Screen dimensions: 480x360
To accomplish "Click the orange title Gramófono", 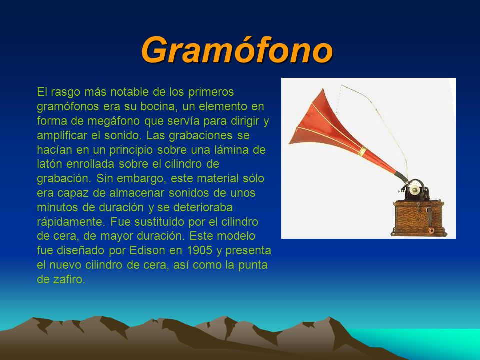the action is pos(237,49).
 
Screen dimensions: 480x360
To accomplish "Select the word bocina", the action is pos(158,106).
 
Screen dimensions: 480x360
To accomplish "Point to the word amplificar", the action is pos(62,136).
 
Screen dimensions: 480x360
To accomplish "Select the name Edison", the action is pos(147,250).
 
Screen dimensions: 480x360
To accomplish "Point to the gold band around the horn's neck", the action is pos(363,151).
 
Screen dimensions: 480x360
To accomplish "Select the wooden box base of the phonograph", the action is pos(418,218).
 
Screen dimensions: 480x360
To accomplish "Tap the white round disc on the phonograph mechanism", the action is pos(415,190).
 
